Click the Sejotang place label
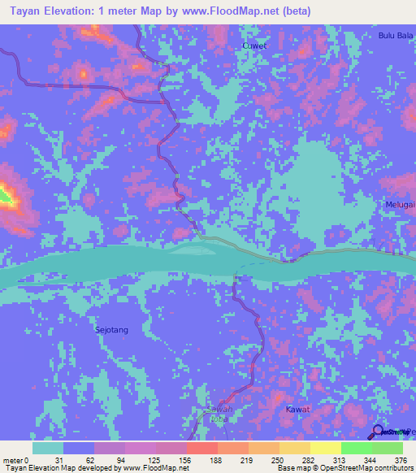[x=108, y=330]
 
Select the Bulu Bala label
[x=396, y=35]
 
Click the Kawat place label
[x=298, y=410]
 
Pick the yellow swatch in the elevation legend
[x=325, y=448]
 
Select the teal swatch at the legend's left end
[x=48, y=448]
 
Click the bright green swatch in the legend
[x=356, y=448]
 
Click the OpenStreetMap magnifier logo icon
[x=379, y=431]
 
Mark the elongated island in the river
[x=200, y=250]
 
